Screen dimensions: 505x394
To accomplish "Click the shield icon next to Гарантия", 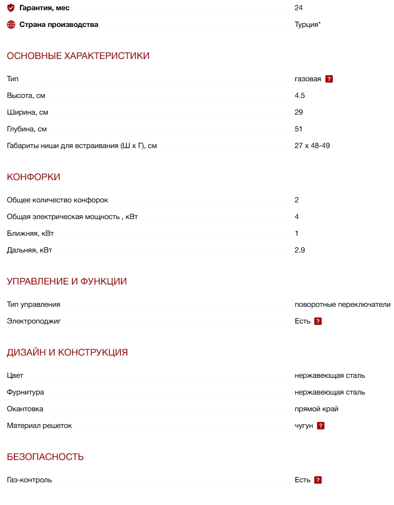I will coord(11,8).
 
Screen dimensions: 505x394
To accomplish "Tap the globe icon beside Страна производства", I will coord(11,25).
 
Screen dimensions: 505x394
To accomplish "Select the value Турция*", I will coord(307,25).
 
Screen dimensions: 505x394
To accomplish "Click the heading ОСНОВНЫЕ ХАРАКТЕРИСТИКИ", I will coord(78,56).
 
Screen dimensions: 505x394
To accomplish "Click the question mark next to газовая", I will coord(329,79).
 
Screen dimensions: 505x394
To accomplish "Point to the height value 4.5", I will coord(300,96).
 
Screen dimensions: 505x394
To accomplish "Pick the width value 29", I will coord(299,112).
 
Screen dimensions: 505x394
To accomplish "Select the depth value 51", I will coord(299,129).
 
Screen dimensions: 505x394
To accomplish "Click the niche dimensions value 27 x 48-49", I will coord(312,146).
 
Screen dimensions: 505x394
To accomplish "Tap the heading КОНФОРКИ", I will coord(33,177).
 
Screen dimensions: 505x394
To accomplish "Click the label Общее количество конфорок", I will coord(57,200).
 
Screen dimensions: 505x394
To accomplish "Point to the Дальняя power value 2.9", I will coord(300,250).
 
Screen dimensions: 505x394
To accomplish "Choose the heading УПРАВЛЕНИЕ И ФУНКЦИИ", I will coord(67,282).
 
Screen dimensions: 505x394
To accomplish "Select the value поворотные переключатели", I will coord(343,304).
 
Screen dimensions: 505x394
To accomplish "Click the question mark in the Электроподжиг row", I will coord(318,321).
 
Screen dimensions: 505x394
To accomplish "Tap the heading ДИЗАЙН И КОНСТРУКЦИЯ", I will coord(67,353).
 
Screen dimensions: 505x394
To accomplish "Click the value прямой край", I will coord(317,409).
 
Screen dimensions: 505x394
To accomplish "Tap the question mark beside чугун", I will coord(321,426).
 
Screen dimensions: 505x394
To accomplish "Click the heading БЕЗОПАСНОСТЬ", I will coord(45,457).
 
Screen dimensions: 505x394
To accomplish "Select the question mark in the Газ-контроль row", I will coord(318,480).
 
